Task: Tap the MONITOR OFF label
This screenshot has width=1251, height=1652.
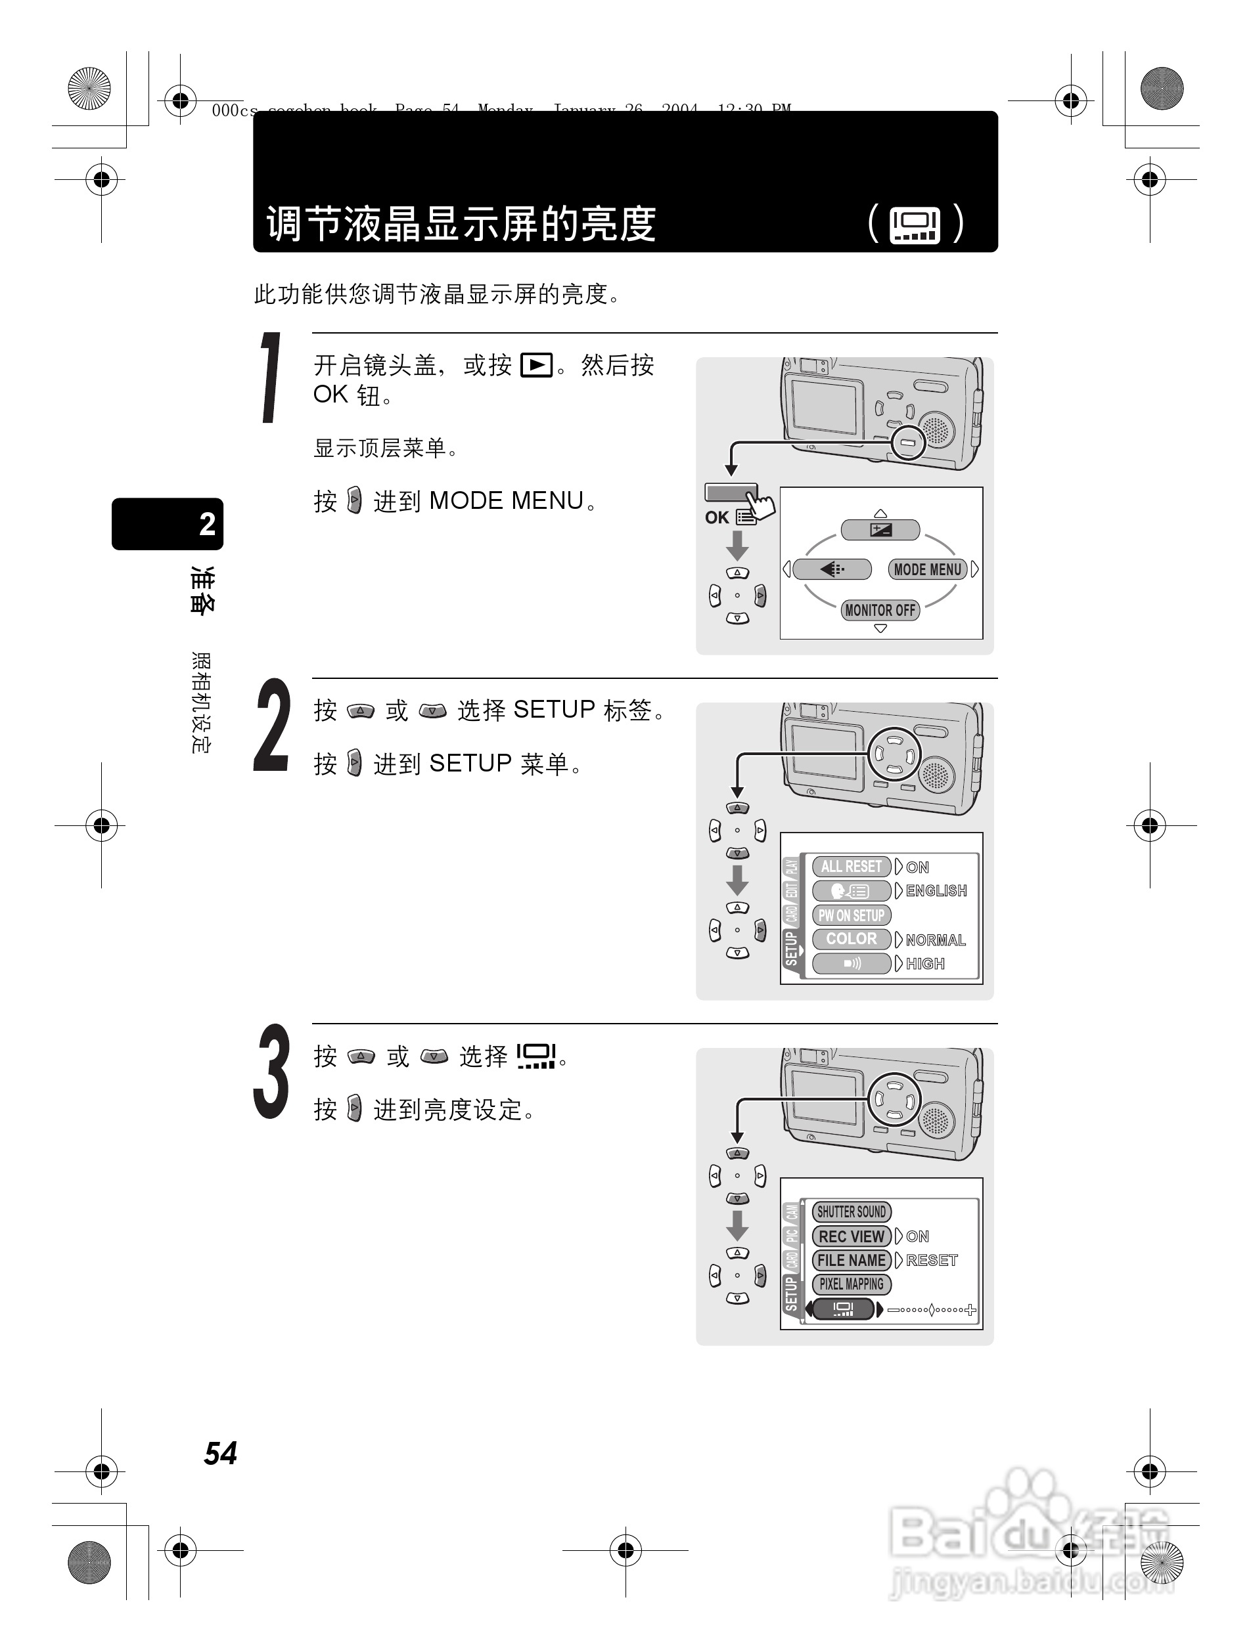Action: coord(880,610)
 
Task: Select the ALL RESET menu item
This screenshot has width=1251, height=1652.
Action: coord(851,866)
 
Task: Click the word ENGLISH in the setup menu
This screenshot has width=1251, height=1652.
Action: coord(936,891)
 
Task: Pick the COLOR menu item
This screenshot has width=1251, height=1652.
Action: coord(851,939)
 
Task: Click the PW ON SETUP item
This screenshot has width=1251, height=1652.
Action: coord(850,915)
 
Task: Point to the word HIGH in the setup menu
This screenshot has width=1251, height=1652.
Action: coord(925,964)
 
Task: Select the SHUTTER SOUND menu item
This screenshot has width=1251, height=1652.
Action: coord(850,1211)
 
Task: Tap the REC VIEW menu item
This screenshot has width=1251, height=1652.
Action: coord(851,1236)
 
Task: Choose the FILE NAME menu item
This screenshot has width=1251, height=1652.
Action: coord(851,1261)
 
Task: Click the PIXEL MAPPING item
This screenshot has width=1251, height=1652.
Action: coord(850,1284)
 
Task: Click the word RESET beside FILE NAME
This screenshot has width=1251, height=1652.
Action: coord(931,1261)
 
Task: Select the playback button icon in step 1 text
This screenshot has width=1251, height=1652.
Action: coord(536,365)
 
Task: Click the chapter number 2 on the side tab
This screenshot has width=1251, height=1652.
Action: coord(206,524)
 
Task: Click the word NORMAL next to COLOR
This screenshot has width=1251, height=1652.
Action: coord(936,940)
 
